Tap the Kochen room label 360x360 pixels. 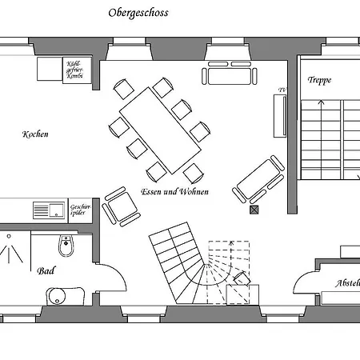pyautogui.click(x=35, y=134)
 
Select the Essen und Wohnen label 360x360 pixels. pyautogui.click(x=174, y=192)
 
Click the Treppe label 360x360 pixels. pyautogui.click(x=319, y=81)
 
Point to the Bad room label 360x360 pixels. pyautogui.click(x=46, y=271)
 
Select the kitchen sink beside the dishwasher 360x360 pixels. pyautogui.click(x=49, y=210)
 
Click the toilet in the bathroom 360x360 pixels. pyautogui.click(x=66, y=246)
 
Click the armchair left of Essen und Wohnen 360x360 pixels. pyautogui.click(x=119, y=205)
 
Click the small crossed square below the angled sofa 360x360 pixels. pyautogui.click(x=255, y=210)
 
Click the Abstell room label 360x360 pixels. pyautogui.click(x=347, y=283)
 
